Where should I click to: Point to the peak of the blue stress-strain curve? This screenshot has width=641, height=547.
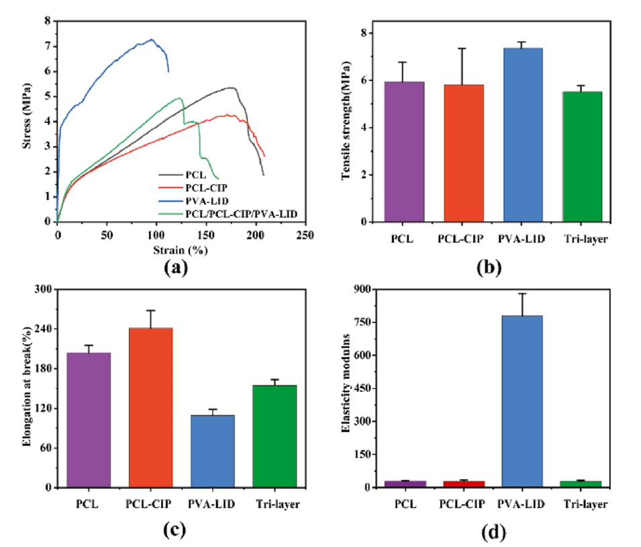click(x=152, y=40)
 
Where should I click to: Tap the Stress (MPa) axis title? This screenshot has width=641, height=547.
click(x=28, y=121)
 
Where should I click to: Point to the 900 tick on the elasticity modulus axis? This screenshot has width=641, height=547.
click(x=362, y=290)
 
